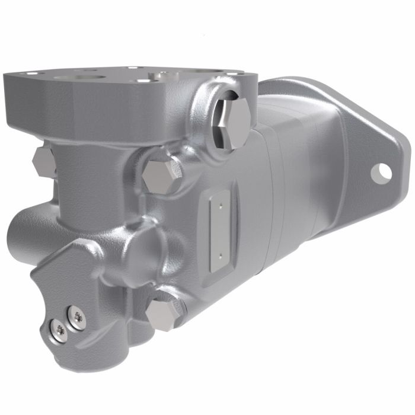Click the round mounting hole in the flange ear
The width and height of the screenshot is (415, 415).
(381, 171)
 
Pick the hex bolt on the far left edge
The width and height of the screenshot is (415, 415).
(43, 161)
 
